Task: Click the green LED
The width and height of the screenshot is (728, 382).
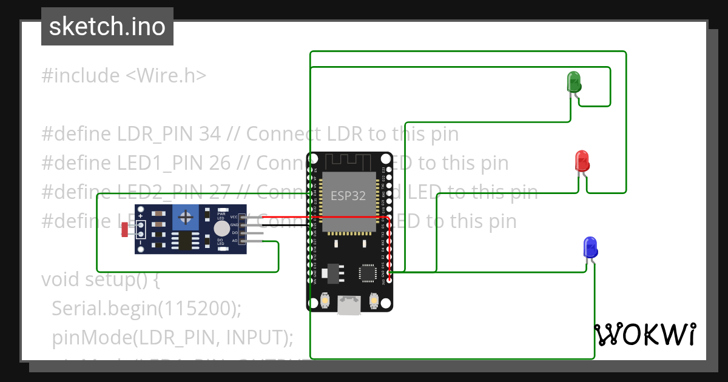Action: tap(573, 81)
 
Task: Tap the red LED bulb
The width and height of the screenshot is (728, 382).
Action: tap(582, 161)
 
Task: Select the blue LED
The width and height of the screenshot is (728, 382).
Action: tap(590, 247)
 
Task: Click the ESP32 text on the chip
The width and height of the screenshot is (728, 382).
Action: tap(348, 195)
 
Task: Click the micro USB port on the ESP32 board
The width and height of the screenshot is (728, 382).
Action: tap(349, 305)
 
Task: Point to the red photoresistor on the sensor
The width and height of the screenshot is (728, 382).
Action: tap(125, 229)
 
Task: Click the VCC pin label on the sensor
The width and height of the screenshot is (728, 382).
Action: tap(234, 217)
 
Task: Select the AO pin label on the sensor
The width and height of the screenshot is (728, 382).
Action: tap(234, 241)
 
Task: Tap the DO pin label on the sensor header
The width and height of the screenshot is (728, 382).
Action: tap(234, 233)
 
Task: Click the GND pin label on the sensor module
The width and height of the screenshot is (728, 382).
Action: tap(234, 225)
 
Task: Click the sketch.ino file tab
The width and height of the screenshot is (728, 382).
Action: tap(107, 27)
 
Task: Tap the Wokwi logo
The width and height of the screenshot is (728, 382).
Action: tap(645, 335)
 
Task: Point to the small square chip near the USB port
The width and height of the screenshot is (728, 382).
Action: tap(368, 273)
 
